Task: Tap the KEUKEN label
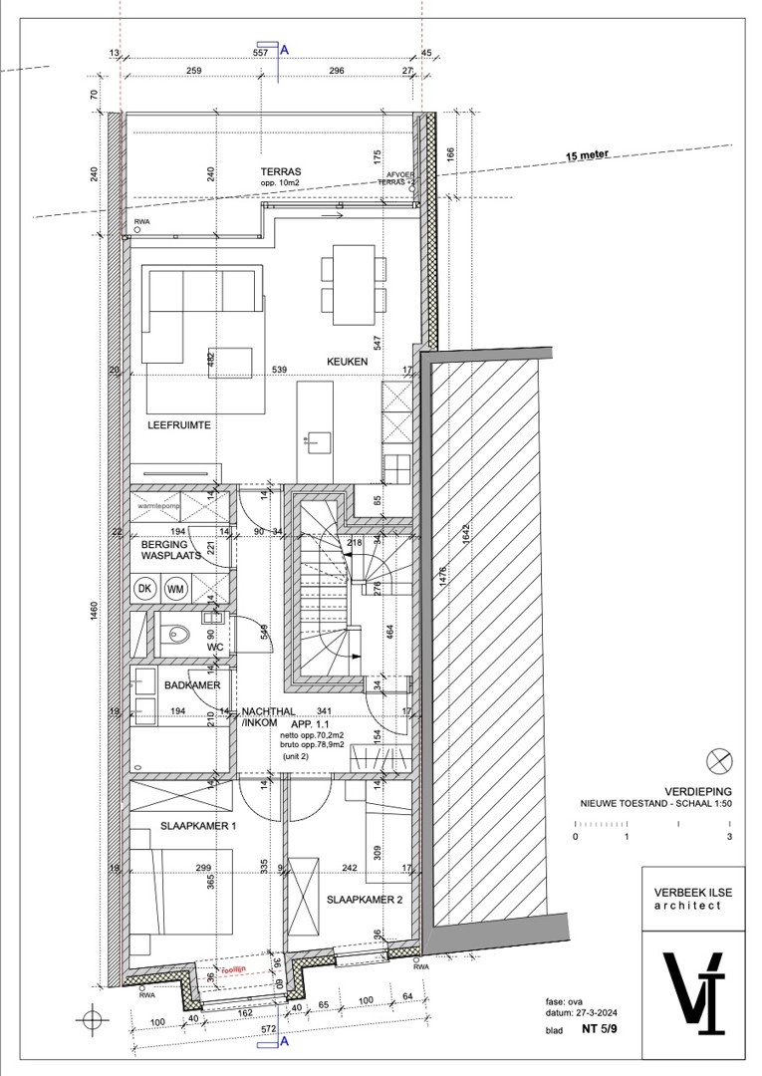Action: tap(345, 361)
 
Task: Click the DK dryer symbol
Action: tap(145, 588)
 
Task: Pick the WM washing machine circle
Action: tap(175, 588)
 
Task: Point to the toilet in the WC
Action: tap(180, 631)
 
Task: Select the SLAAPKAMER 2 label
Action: tap(365, 900)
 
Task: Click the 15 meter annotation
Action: tap(588, 155)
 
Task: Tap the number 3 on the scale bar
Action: tap(730, 838)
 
